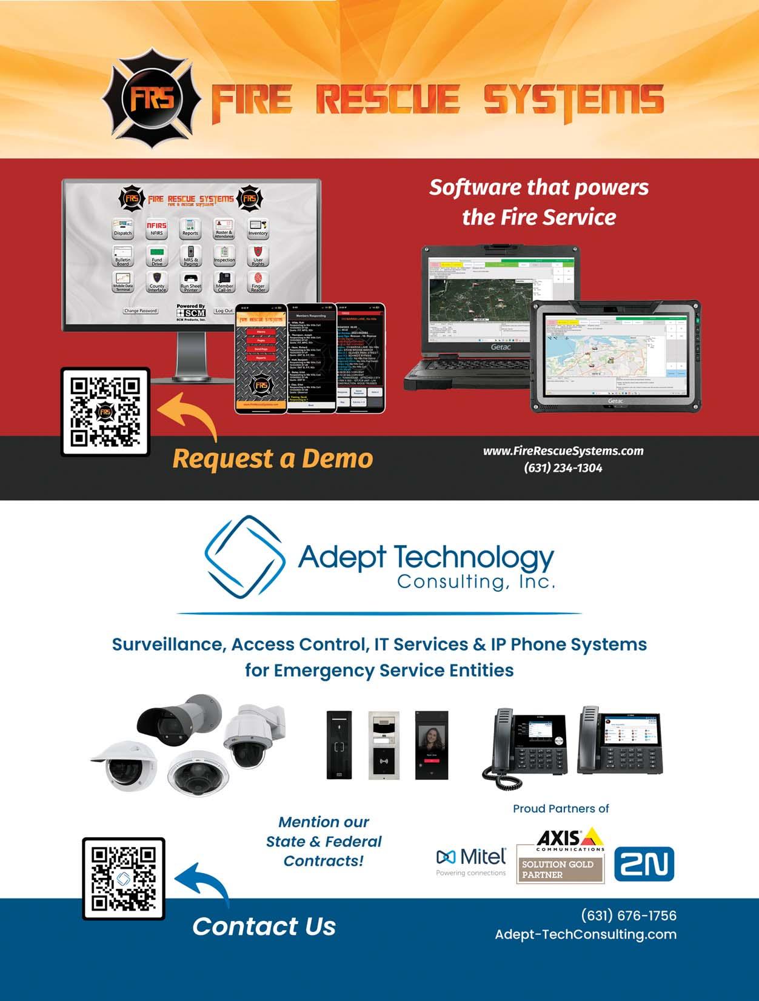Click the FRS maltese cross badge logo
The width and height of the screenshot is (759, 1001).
(152, 99)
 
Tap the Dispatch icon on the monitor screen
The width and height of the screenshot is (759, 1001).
(122, 228)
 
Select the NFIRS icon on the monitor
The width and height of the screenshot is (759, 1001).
(156, 228)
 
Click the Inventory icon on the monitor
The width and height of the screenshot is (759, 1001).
(258, 228)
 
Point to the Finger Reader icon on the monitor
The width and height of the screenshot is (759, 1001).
(258, 281)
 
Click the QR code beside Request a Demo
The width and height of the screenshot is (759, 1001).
(105, 412)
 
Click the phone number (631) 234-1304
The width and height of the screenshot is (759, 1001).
(563, 468)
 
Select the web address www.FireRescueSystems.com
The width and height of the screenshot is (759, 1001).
(563, 451)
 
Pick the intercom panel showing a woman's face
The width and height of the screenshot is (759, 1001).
(432, 745)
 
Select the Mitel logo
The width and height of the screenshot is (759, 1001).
(471, 860)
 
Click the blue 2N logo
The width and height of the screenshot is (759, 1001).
(644, 864)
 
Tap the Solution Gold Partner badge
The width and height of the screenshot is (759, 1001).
(560, 869)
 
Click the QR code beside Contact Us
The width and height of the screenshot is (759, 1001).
(124, 879)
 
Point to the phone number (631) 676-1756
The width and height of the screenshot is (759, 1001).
(629, 916)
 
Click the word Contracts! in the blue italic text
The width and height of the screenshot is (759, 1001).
(324, 861)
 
